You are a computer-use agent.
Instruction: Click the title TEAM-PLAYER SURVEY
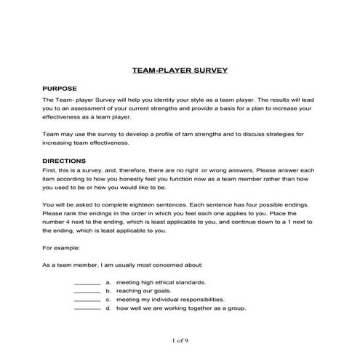tap(180, 71)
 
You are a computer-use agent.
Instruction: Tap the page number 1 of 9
tap(180, 340)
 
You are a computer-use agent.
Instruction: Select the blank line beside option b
tap(87, 291)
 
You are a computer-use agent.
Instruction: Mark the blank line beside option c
tap(87, 300)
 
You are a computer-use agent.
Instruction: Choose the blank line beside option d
tap(87, 308)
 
